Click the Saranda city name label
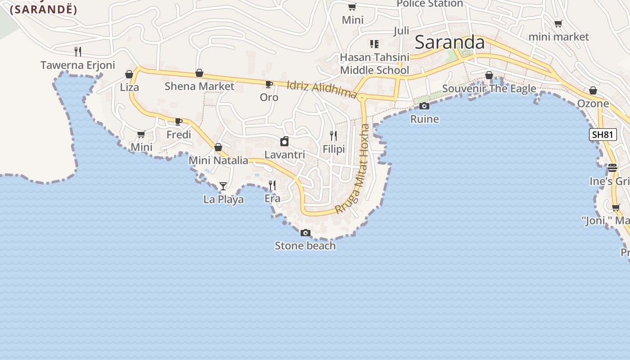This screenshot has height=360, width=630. [x=449, y=42]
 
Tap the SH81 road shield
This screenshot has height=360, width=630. [x=603, y=135]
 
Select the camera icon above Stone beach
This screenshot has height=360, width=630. [x=306, y=233]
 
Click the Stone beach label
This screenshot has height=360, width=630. [x=305, y=246]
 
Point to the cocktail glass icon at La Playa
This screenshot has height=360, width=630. [x=223, y=186]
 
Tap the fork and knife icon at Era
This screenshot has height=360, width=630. [x=272, y=185]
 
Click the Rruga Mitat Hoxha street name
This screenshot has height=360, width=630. [x=352, y=169]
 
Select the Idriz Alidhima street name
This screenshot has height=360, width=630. [x=322, y=89]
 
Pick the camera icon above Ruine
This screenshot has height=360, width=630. [x=424, y=106]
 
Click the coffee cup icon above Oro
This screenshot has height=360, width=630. [x=269, y=84]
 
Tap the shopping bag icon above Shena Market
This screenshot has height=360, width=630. [x=199, y=73]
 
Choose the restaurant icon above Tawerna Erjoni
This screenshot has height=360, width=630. [x=78, y=51]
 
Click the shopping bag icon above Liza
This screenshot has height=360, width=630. [x=129, y=74]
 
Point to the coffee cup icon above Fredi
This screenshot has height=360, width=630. [x=179, y=121]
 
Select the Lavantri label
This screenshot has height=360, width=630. [x=284, y=155]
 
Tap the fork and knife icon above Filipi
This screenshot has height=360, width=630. [x=333, y=135]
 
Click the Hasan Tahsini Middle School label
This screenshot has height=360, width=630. [x=374, y=63]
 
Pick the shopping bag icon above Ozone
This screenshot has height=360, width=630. [x=593, y=90]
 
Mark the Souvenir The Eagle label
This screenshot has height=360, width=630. [x=489, y=89]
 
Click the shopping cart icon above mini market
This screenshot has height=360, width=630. [x=558, y=24]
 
